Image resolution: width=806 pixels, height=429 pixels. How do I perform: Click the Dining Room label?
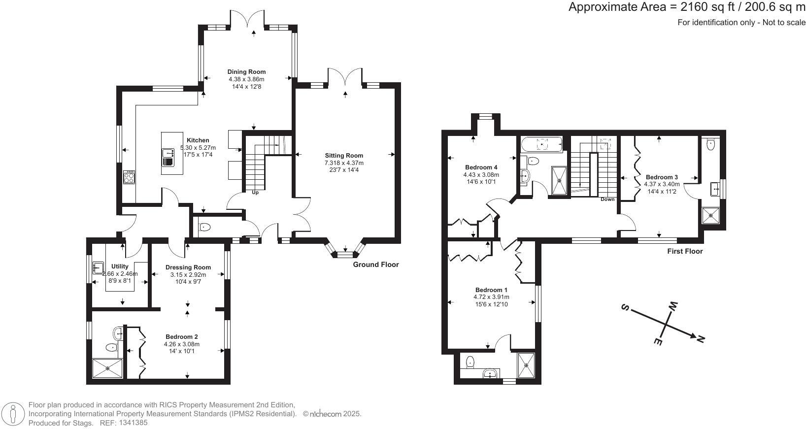pyautogui.click(x=246, y=72)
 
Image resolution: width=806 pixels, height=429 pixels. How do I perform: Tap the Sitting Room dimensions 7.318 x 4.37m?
pyautogui.click(x=343, y=163)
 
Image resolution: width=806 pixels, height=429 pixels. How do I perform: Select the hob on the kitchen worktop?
pyautogui.click(x=129, y=177)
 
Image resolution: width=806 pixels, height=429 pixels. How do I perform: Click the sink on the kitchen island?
pyautogui.click(x=168, y=153)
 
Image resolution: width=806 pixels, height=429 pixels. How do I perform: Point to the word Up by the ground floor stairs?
pyautogui.click(x=255, y=193)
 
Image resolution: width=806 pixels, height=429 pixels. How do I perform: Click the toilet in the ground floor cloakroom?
pyautogui.click(x=204, y=227)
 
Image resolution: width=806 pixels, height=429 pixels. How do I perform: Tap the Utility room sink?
pyautogui.click(x=98, y=267)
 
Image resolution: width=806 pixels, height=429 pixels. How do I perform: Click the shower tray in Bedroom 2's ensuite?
pyautogui.click(x=107, y=368)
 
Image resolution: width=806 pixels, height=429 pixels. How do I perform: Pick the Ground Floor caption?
pyautogui.click(x=375, y=264)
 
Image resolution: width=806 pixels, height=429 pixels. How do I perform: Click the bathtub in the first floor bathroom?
pyautogui.click(x=542, y=144)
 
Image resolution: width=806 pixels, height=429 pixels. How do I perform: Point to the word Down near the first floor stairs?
pyautogui.click(x=607, y=199)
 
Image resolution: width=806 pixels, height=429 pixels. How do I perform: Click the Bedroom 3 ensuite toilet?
pyautogui.click(x=710, y=144)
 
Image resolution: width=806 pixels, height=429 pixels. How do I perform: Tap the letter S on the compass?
pyautogui.click(x=625, y=308)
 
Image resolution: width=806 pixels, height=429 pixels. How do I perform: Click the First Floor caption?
pyautogui.click(x=685, y=251)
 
